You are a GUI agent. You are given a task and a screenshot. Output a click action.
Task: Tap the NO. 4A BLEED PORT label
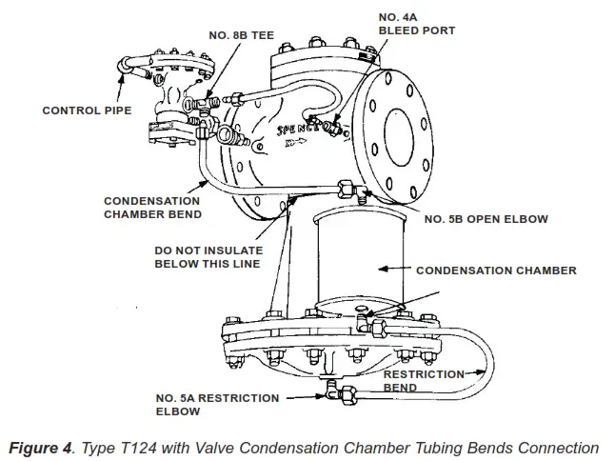tap(416, 24)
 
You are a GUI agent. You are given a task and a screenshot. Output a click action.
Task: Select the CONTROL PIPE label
tap(86, 110)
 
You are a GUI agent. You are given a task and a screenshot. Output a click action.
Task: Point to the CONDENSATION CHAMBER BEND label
tap(151, 208)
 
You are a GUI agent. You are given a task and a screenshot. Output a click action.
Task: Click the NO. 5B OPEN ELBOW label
tap(486, 219)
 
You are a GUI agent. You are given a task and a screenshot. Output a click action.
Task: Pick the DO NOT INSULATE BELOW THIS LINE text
tap(208, 258)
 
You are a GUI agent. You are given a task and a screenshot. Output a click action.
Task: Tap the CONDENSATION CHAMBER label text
tap(496, 271)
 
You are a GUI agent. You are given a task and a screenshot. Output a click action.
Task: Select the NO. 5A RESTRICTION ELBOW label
tap(217, 404)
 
